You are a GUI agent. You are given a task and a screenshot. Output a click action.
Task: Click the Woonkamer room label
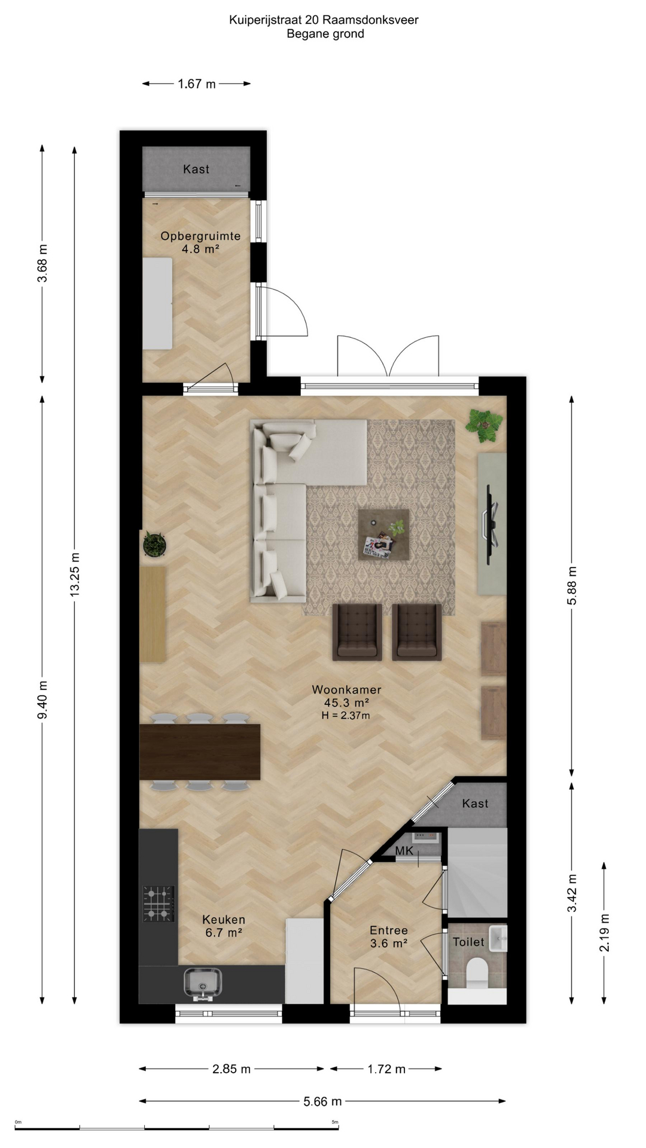[346, 689]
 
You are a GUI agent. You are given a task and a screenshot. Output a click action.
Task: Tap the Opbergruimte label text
[200, 236]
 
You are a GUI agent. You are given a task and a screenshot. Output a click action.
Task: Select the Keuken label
[224, 920]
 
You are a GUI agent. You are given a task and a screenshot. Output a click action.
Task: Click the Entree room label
[389, 930]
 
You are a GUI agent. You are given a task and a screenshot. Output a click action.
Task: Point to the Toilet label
[468, 942]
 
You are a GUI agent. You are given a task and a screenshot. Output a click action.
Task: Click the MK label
[404, 851]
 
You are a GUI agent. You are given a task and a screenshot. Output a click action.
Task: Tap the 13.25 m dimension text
[75, 575]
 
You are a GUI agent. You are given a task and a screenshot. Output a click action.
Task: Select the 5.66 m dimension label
[322, 1101]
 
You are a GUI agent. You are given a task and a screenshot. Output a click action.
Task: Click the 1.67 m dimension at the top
[197, 84]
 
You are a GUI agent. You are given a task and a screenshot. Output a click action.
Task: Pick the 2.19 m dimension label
[605, 933]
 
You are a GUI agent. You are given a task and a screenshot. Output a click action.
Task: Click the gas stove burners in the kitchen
[159, 904]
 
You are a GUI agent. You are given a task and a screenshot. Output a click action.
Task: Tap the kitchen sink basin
[203, 982]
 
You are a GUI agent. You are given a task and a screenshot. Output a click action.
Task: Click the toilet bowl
[477, 973]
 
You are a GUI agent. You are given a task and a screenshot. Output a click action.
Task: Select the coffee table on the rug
[383, 535]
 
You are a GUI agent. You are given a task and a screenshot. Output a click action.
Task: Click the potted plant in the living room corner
[484, 425]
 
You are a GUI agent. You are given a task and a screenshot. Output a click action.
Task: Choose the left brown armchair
[357, 632]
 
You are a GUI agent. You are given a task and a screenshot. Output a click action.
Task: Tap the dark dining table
[200, 752]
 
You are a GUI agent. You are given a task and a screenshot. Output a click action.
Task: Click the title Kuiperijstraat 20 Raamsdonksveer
[324, 20]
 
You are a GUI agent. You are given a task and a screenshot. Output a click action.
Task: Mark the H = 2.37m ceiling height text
[346, 715]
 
